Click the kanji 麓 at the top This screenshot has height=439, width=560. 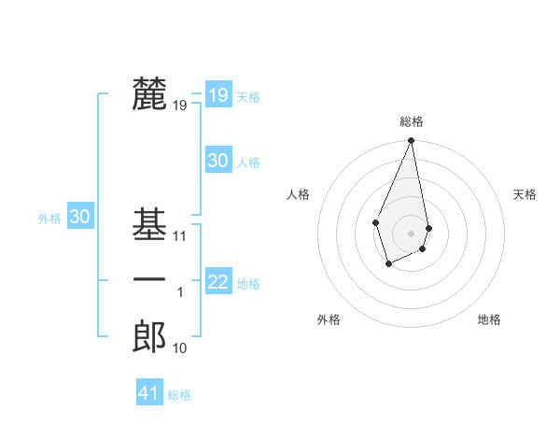(x=149, y=94)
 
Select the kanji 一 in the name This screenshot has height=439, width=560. (x=149, y=281)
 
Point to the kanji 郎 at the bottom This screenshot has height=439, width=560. (x=149, y=337)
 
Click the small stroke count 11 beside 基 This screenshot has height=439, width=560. (x=180, y=236)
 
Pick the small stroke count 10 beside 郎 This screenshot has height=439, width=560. (x=180, y=348)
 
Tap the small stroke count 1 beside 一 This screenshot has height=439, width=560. (x=180, y=292)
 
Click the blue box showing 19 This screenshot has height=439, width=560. (x=217, y=94)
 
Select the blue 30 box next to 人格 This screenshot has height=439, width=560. (x=217, y=161)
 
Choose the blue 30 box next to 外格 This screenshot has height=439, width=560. (x=80, y=217)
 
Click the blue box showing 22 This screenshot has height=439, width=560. (x=217, y=281)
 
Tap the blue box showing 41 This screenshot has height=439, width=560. (x=149, y=393)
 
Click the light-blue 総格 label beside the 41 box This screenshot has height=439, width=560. (x=179, y=395)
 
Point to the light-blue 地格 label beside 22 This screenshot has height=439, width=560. (x=248, y=283)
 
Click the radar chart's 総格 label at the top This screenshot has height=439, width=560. (x=411, y=121)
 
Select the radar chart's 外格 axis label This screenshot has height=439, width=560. (x=329, y=319)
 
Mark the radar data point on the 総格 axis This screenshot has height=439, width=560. (x=411, y=141)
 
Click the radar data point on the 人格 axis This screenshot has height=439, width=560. (x=375, y=222)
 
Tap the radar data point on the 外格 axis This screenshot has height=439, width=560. (x=389, y=264)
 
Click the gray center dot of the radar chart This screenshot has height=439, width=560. (x=411, y=233)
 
